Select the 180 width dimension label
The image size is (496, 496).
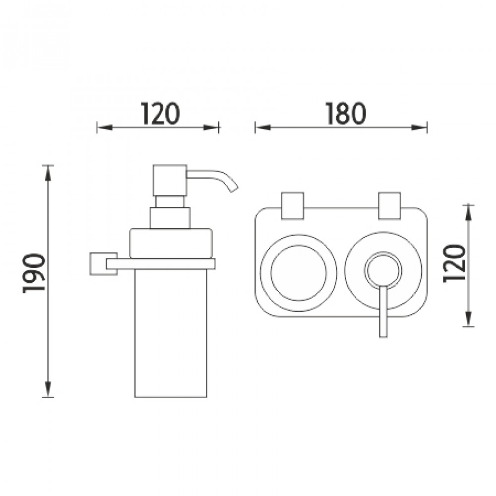pos(346,113)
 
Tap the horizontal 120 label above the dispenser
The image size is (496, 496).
pos(160,113)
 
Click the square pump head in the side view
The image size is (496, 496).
pos(170,181)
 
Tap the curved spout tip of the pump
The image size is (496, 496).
pos(235,189)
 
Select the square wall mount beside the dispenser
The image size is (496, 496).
pos(104,264)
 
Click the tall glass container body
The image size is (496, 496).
pos(171,333)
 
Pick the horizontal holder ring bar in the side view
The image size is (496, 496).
pos(161,263)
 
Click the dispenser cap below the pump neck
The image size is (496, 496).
pos(171,243)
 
